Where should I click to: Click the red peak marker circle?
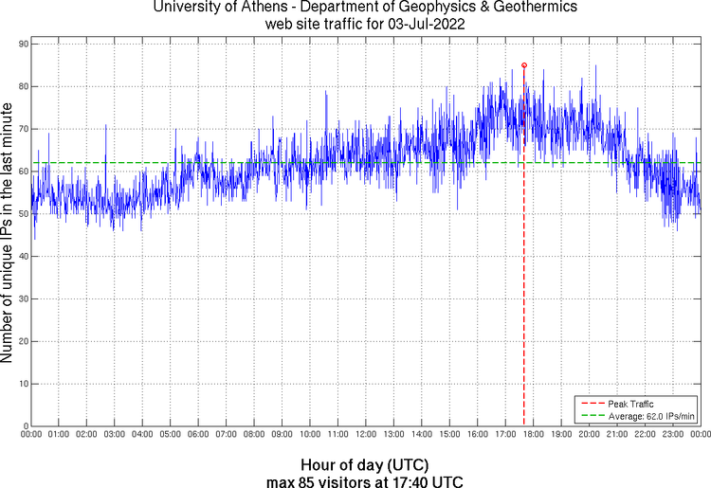point(524,65)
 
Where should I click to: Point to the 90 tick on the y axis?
point(23,44)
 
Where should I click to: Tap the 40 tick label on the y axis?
point(23,257)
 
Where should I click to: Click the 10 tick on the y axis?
point(23,385)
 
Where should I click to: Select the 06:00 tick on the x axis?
point(198,434)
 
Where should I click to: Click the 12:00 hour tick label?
point(366,434)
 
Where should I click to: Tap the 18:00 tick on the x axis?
point(533,434)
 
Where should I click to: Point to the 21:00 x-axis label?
point(617,434)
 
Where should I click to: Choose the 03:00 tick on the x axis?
point(114,434)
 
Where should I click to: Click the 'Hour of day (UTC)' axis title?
point(365,465)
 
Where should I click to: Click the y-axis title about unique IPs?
point(8,234)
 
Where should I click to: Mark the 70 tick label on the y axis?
point(23,129)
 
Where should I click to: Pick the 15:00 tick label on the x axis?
point(449,434)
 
